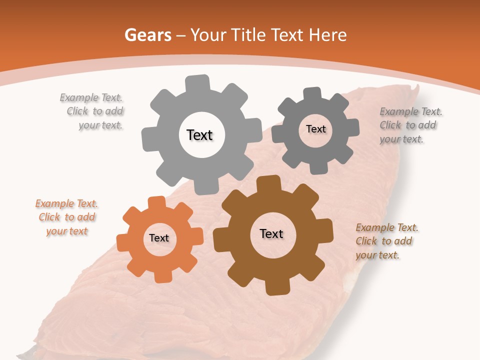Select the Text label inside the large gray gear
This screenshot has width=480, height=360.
(x=199, y=135)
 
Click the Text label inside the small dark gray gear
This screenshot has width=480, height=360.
(x=315, y=129)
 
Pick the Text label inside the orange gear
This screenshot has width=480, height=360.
(x=159, y=238)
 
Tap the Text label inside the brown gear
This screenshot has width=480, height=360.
(x=271, y=233)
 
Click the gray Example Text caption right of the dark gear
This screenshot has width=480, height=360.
(x=410, y=125)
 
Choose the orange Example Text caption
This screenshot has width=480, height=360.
(x=67, y=217)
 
